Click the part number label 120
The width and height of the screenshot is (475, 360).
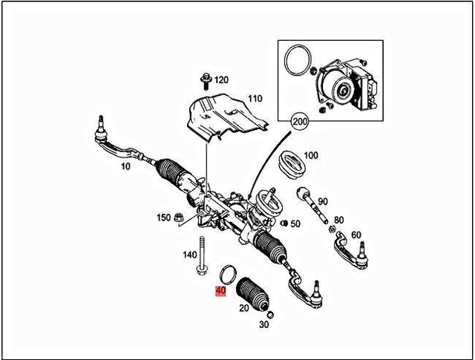(222, 79)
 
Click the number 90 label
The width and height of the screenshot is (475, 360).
(322, 201)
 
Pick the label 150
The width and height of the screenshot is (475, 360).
(163, 217)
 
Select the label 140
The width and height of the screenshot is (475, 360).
(190, 254)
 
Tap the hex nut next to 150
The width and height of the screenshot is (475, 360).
(179, 217)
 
